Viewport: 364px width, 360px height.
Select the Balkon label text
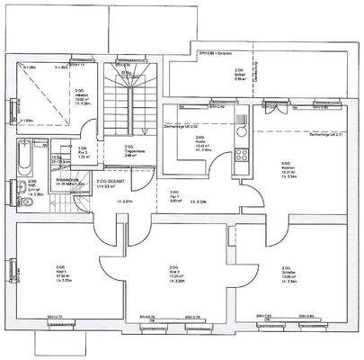point(239,74)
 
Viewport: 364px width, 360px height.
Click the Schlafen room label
point(286,271)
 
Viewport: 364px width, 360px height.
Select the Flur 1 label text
point(174,195)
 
